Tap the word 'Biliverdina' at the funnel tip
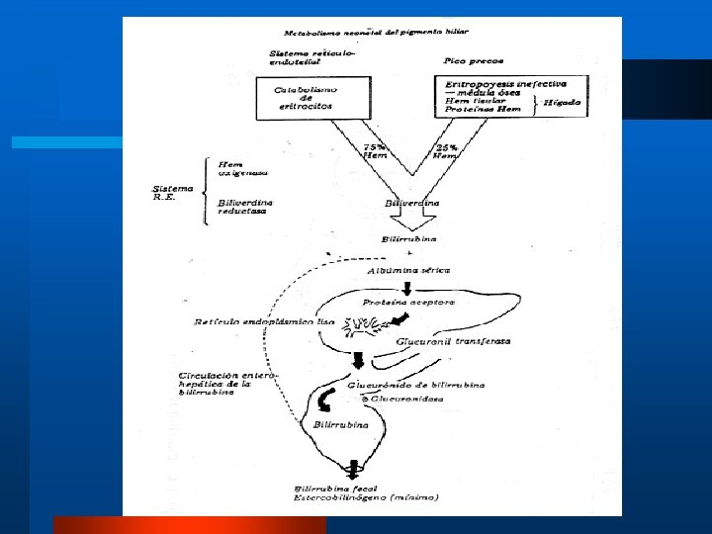(411, 204)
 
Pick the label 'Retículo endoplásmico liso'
(265, 321)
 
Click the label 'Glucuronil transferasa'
(454, 341)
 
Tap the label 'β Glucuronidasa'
(407, 399)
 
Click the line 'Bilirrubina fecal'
(341, 489)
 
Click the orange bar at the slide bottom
(189, 525)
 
